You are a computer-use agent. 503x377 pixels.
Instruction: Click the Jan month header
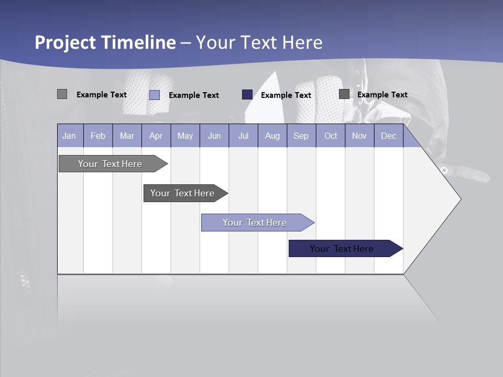click(x=70, y=136)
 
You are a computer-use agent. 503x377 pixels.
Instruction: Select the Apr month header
click(x=156, y=136)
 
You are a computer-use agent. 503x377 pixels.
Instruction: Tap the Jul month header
click(x=243, y=136)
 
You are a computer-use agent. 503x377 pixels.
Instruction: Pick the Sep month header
click(x=301, y=136)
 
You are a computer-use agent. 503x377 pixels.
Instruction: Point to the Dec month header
click(x=388, y=136)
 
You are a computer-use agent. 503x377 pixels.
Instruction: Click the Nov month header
click(x=359, y=136)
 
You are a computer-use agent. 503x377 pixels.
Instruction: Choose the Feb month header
click(x=98, y=136)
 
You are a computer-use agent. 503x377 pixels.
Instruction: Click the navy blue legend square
click(x=247, y=95)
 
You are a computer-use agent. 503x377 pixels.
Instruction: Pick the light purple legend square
click(x=155, y=95)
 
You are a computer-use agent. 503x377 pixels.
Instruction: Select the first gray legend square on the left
click(x=62, y=94)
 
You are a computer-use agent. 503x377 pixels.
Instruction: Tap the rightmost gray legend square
click(x=344, y=94)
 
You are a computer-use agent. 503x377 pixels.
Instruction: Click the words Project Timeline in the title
click(x=105, y=42)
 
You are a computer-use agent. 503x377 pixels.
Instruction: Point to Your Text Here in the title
click(x=259, y=42)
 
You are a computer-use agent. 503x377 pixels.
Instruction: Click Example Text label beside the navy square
click(x=286, y=95)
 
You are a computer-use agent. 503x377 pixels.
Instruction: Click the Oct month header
click(x=331, y=136)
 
